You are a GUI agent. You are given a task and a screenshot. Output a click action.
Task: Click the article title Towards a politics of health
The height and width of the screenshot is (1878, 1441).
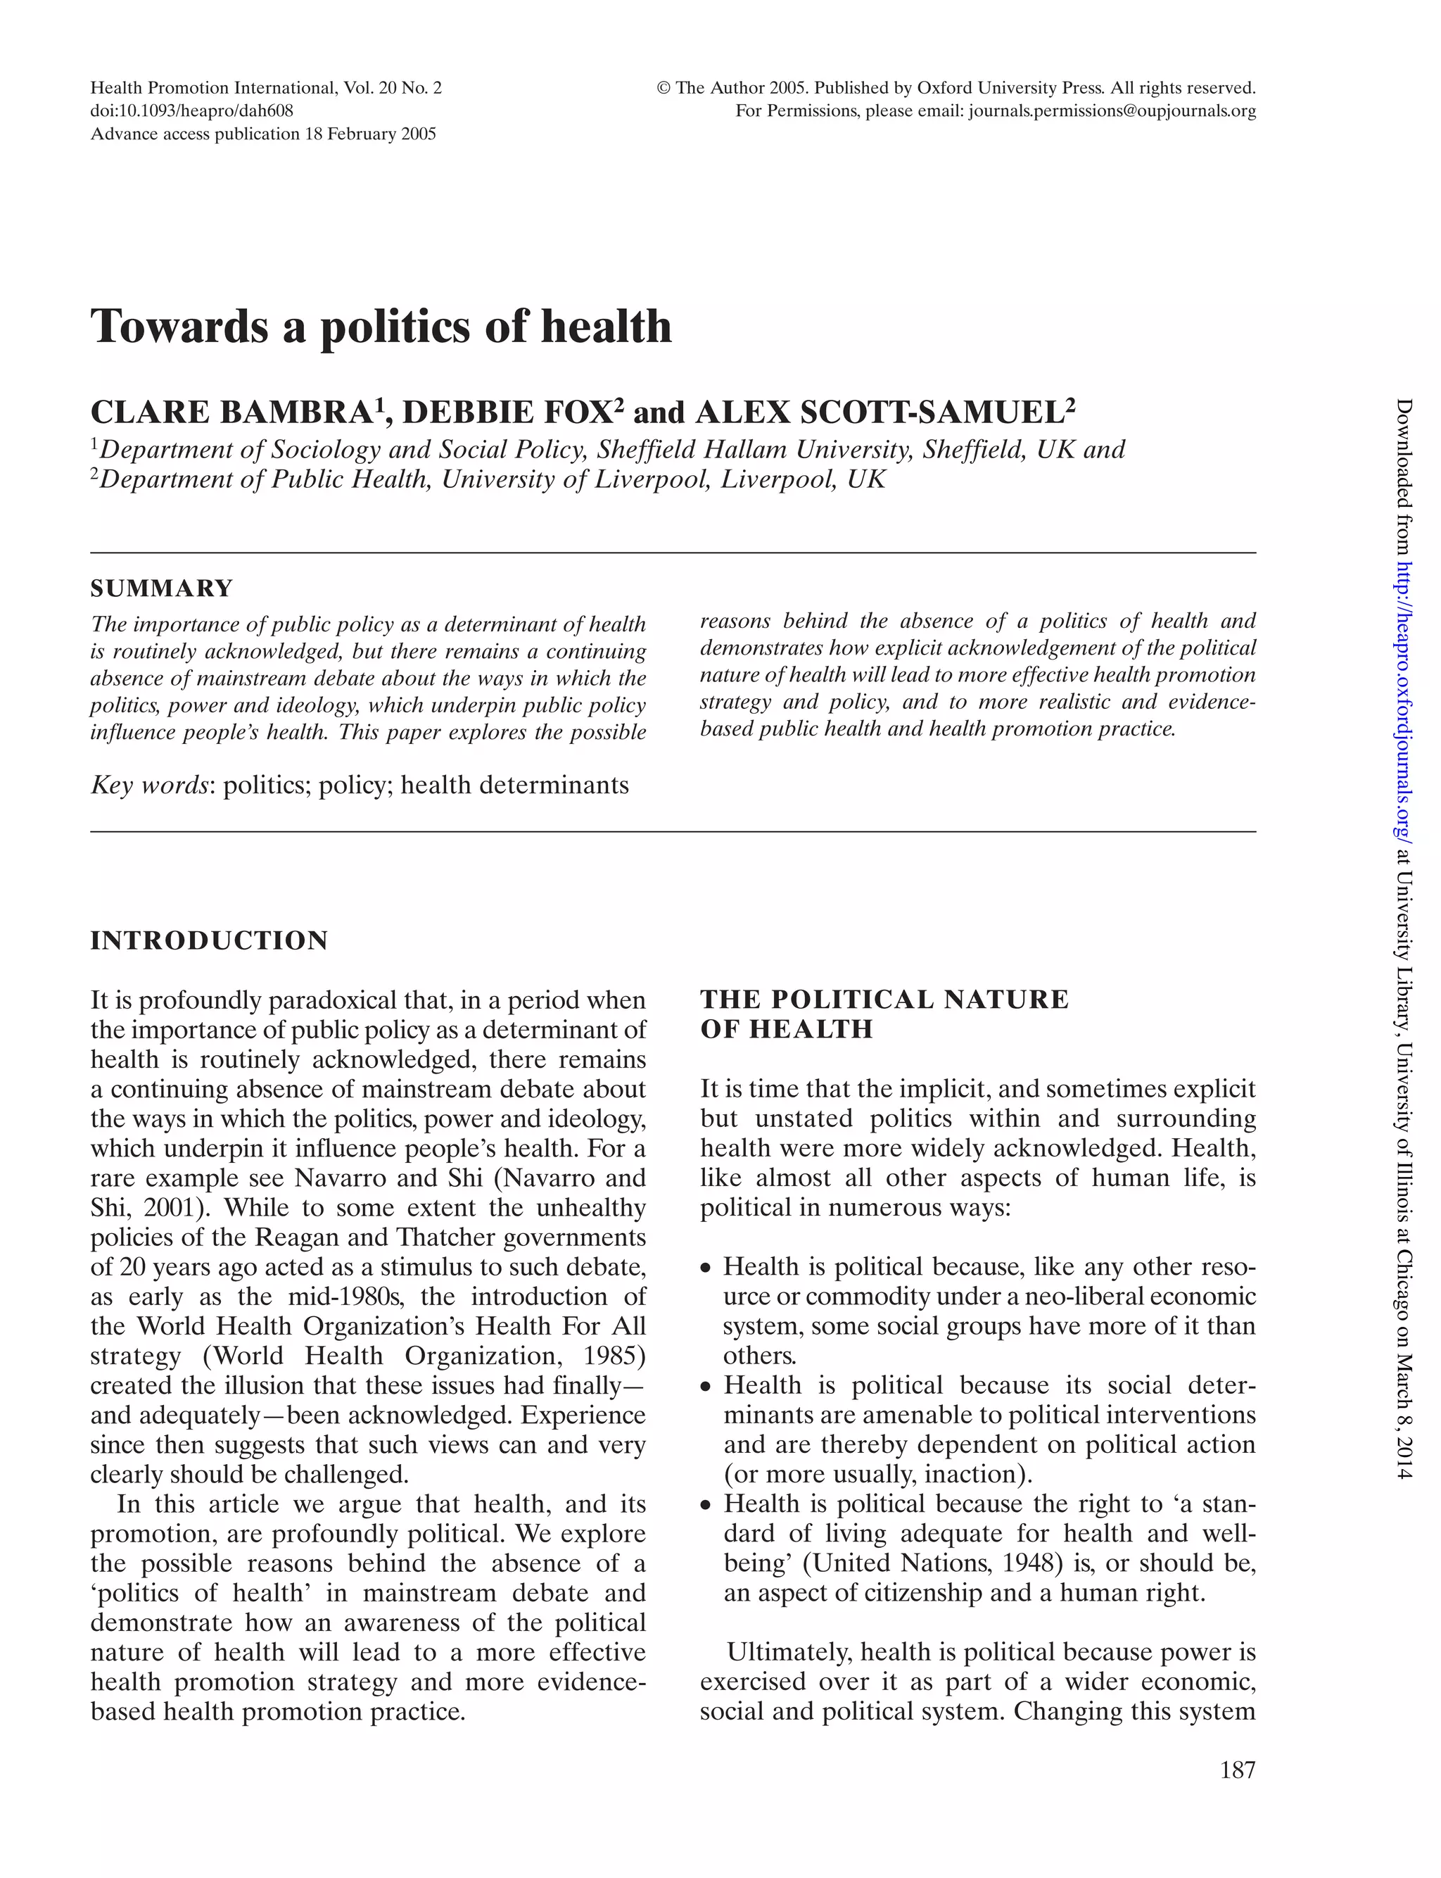pyautogui.click(x=381, y=327)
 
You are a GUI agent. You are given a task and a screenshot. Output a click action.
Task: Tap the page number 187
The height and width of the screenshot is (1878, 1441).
pyautogui.click(x=1237, y=1769)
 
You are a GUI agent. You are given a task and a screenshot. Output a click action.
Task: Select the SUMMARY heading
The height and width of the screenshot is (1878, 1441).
pyautogui.click(x=162, y=588)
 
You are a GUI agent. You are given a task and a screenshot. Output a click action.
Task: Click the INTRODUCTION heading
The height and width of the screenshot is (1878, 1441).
pyautogui.click(x=209, y=940)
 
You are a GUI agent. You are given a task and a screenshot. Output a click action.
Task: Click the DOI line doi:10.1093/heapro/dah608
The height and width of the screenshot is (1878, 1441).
pyautogui.click(x=192, y=111)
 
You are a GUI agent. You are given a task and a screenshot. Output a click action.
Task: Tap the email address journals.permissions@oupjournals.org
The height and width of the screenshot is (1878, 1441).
pyautogui.click(x=1112, y=111)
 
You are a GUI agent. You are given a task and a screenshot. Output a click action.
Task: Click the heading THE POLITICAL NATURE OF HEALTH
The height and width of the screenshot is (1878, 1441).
pyautogui.click(x=884, y=1013)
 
